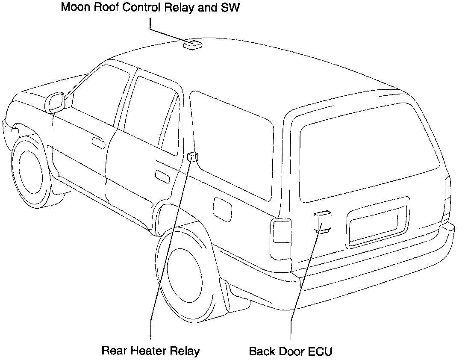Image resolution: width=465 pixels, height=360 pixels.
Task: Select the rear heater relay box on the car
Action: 193,157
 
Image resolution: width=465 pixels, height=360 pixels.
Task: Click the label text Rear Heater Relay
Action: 150,351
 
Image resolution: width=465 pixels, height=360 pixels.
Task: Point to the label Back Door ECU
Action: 291,351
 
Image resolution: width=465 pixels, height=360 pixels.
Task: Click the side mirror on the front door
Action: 56,103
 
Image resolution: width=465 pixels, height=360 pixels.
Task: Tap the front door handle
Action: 98,143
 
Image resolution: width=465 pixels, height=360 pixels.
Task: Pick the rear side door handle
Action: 162,175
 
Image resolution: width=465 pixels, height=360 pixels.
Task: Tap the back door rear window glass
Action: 368,154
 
